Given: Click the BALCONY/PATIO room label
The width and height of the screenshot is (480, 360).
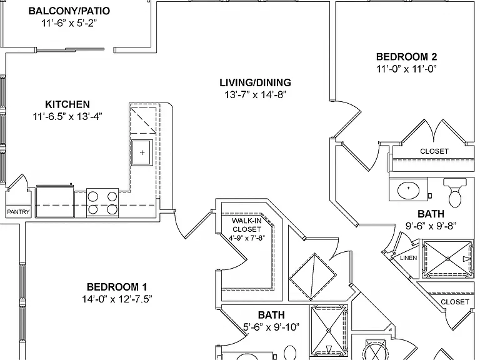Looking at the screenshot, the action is pos(69,11).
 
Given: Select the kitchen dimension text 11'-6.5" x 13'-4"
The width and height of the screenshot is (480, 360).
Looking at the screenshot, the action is pos(67,117).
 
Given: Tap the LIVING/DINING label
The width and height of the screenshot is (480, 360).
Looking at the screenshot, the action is pos(255,82).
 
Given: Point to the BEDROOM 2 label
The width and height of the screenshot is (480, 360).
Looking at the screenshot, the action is pos(406,57).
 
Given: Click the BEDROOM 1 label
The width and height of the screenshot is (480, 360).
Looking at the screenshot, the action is pos(117,287).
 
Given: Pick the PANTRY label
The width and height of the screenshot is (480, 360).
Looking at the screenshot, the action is pos(18,211).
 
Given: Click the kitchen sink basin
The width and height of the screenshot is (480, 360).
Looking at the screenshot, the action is pos(142,152).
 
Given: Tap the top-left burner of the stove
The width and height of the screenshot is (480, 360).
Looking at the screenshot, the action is pos(93,196).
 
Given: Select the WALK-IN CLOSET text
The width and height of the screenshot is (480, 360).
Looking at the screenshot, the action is pos(246,225).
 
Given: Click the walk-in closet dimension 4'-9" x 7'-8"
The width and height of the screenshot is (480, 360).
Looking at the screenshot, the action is pos(247,238).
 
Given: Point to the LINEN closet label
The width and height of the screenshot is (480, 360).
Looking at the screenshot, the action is pos(408,258).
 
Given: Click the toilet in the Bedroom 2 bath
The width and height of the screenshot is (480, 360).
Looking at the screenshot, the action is pos(455,192).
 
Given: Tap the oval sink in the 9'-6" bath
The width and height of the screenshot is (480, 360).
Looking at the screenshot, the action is pos(408,189).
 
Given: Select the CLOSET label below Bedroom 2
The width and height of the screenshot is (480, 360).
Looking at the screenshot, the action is pos(434,151).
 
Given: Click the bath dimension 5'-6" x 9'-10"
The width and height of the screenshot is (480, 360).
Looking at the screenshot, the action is pos(271,327).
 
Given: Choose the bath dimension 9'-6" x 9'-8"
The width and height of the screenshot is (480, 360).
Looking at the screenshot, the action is pos(431,226).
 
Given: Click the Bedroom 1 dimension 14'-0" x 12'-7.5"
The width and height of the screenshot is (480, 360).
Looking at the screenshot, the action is pos(117,299).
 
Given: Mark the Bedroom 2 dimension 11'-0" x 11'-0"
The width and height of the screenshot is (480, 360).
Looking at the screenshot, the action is pos(406,69).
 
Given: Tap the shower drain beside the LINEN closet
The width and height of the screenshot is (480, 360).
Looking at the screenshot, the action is pos(448,259).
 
